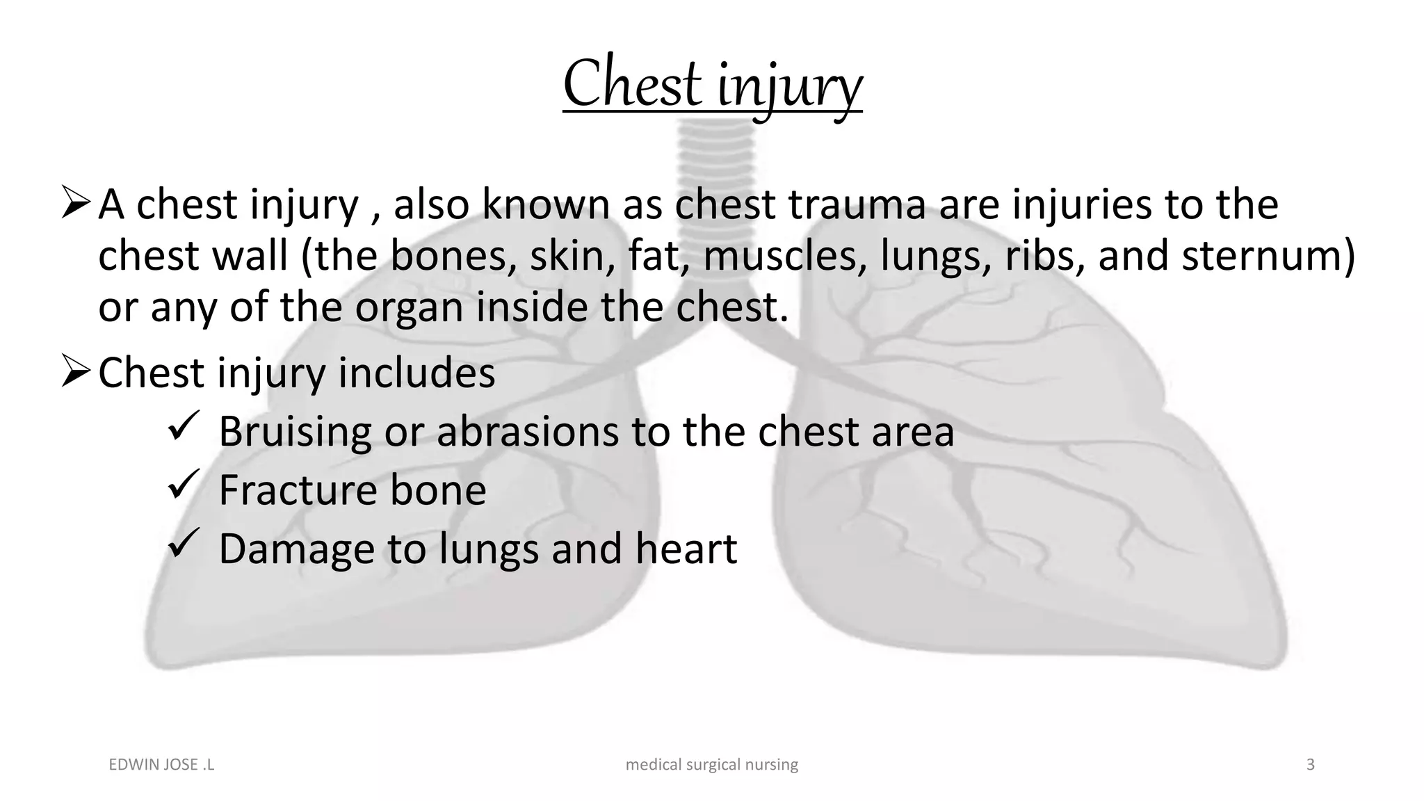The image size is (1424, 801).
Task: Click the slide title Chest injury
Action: tap(712, 85)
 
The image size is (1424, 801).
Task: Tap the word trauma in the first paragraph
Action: tap(857, 204)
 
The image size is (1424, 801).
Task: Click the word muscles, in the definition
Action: tap(785, 255)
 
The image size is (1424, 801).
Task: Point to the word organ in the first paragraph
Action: tap(409, 307)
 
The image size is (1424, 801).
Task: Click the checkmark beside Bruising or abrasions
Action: tap(184, 426)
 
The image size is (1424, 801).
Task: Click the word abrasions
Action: tap(527, 431)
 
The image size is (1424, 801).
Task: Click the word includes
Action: tap(416, 373)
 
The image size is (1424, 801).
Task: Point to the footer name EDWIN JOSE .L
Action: tap(162, 765)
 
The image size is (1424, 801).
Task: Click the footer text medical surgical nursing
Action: tap(712, 765)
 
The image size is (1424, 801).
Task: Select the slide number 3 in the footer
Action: tap(1310, 765)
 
